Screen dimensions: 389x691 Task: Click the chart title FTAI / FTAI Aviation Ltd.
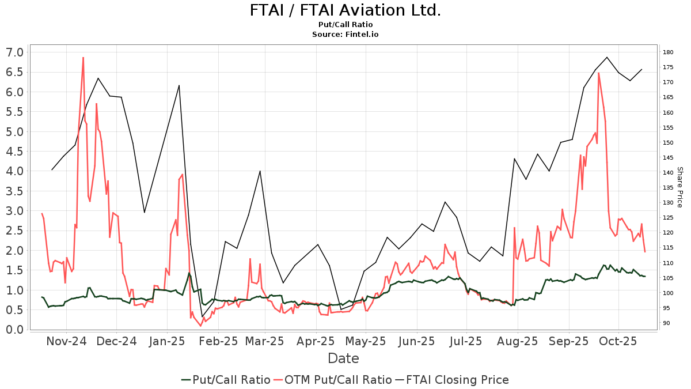pos(345,10)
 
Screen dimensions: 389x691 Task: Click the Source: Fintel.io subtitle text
pos(345,35)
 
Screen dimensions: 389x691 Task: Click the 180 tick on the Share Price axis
pos(668,52)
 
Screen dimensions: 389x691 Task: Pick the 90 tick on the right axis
pos(666,323)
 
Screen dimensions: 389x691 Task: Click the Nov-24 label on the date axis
pos(66,341)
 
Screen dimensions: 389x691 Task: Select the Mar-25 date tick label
pos(265,341)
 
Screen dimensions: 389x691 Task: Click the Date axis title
pos(343,358)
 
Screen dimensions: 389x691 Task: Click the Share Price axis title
pos(679,187)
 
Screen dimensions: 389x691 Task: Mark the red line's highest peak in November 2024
pos(83,58)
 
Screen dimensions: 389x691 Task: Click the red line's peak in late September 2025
pos(599,73)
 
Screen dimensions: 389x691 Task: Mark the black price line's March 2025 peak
pos(260,171)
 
